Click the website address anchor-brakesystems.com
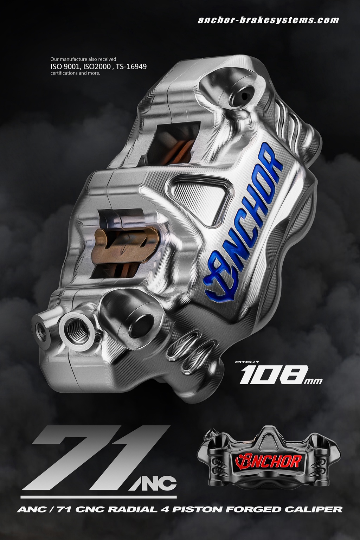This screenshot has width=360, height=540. coord(268,20)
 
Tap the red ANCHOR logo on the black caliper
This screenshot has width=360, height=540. coord(268,461)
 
